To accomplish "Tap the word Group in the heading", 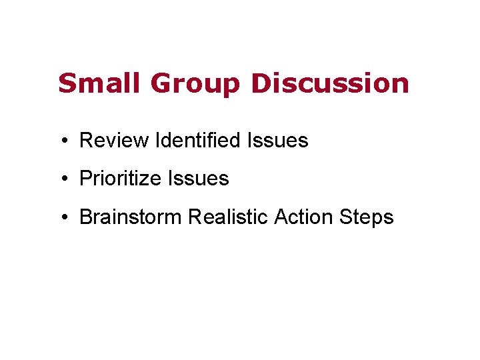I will point(196,85).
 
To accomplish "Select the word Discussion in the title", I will point(330,83).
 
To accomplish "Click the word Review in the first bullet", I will point(113,141).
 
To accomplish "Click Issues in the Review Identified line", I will point(277,141).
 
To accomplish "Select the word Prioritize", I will point(121,179).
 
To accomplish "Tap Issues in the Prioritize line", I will point(198,179).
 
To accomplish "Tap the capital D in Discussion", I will point(261,83).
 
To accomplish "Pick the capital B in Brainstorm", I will point(85,217).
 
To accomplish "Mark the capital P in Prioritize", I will point(85,179).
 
